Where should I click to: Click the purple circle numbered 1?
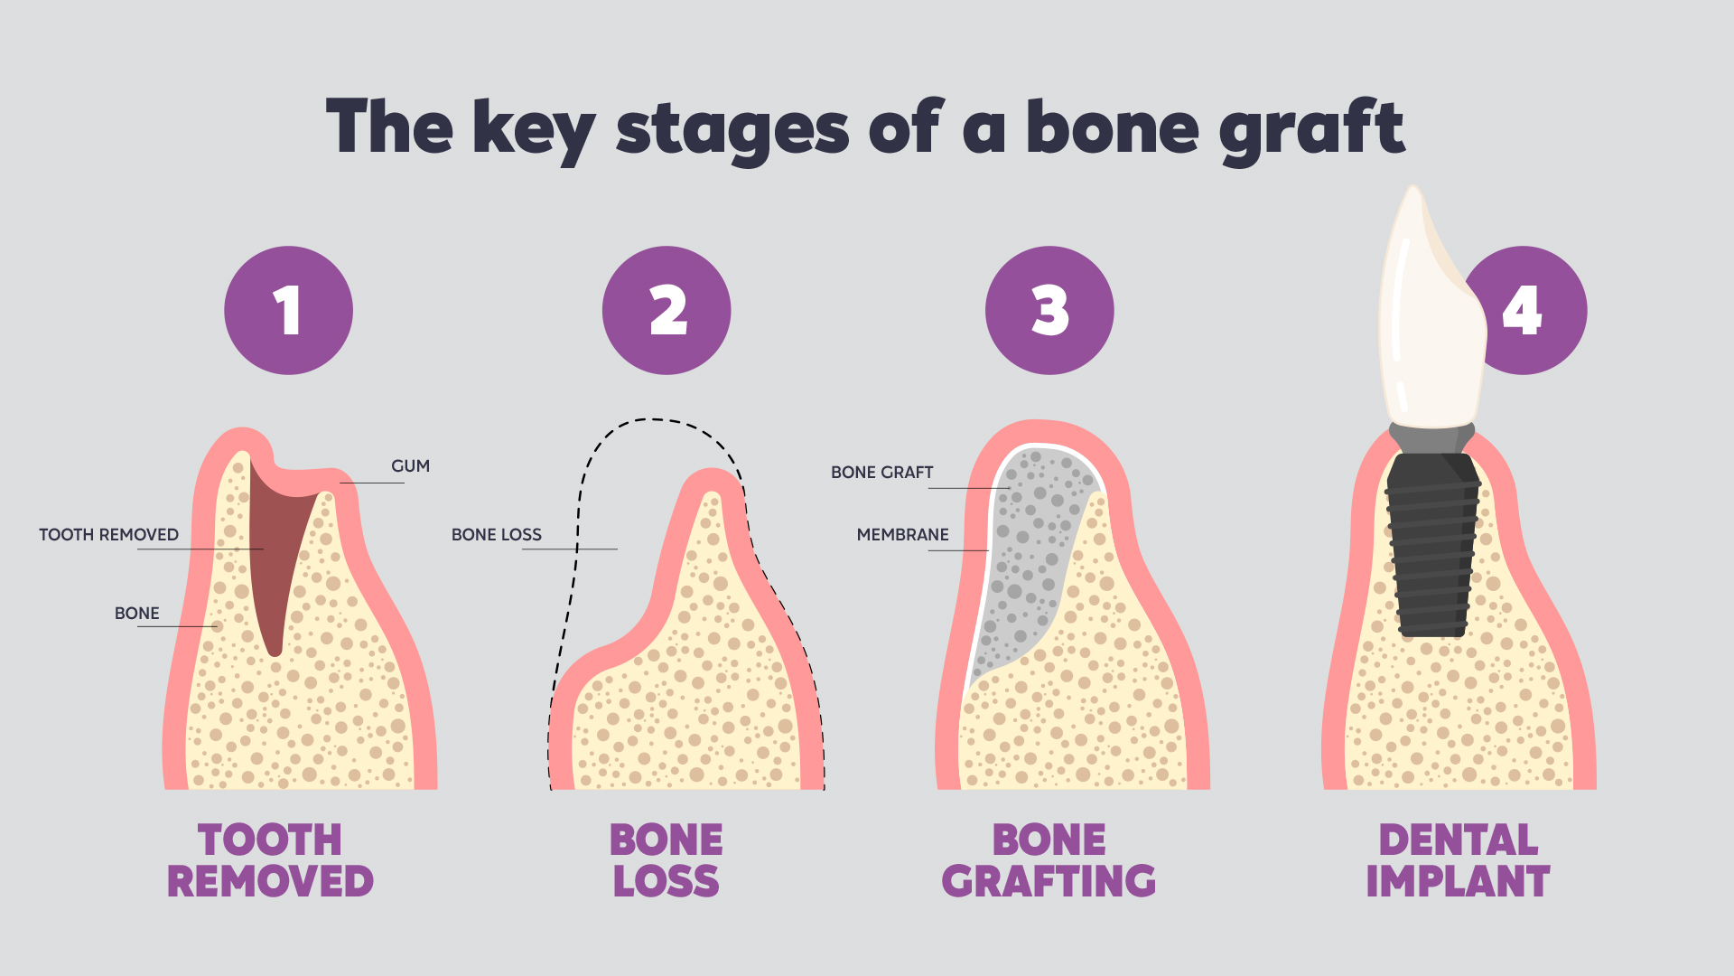pos(288,310)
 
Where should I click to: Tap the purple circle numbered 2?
pos(667,310)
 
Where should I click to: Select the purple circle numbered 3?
pos(1049,310)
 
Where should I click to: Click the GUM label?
pos(410,466)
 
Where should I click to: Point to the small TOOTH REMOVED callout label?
pos(108,535)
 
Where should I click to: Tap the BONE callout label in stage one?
pos(136,614)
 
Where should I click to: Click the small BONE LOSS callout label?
pos(497,535)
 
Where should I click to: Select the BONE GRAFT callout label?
pos(882,473)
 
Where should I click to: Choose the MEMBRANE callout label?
pos(903,535)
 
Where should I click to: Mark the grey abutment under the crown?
pos(1432,437)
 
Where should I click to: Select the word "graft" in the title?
pos(1311,131)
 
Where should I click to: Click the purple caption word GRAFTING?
pos(1049,881)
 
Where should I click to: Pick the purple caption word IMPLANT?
pos(1458,881)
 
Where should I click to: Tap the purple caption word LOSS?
pos(667,881)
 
